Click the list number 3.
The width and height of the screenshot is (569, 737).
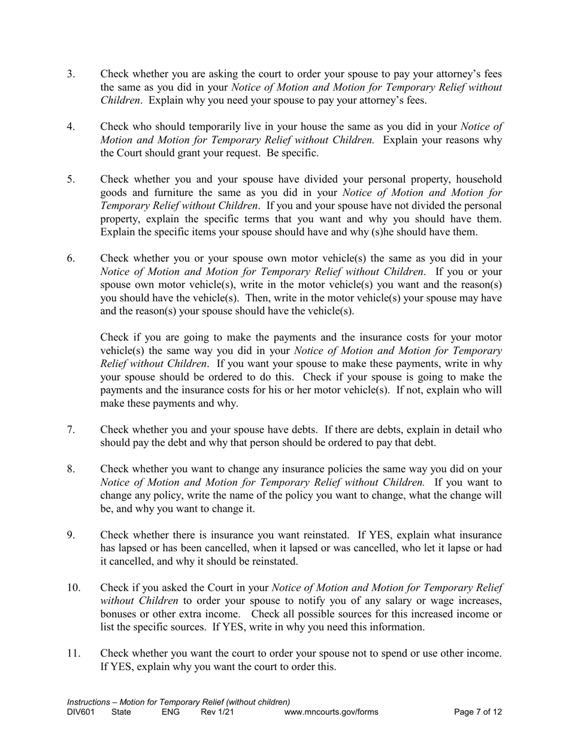point(71,74)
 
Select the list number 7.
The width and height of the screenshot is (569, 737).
point(71,430)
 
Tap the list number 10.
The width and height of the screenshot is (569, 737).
point(73,588)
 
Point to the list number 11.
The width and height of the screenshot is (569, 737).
point(73,654)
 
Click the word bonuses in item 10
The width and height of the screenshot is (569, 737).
point(119,614)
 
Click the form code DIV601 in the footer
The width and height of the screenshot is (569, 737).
point(81,712)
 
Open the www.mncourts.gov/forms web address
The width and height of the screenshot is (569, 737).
point(331,712)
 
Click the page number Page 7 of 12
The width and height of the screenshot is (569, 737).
point(478,712)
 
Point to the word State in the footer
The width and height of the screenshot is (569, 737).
point(122,712)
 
